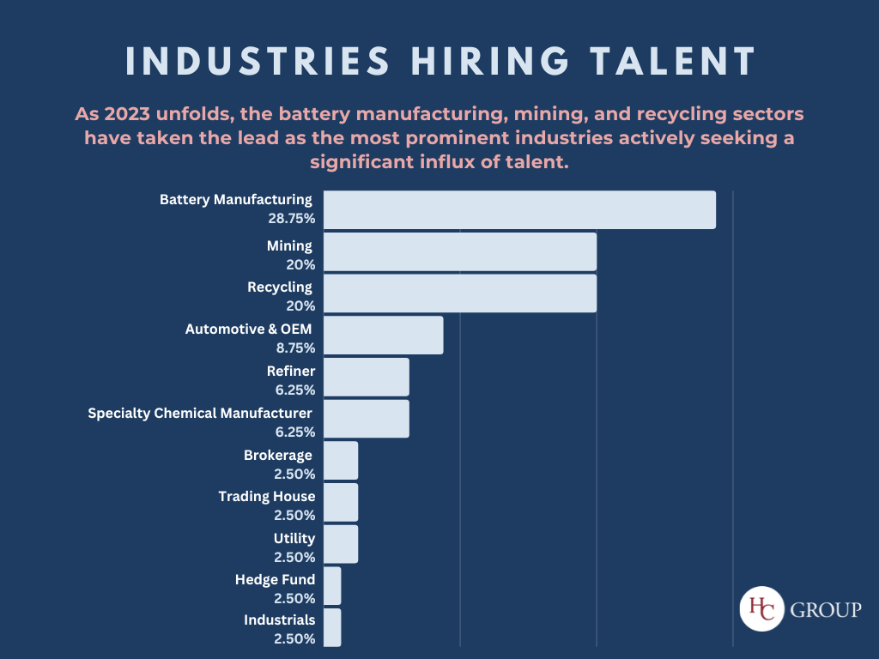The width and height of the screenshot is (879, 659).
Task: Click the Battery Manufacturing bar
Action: tap(519, 210)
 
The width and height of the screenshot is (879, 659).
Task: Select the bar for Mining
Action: tap(459, 251)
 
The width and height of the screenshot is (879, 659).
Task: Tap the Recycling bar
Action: tap(459, 293)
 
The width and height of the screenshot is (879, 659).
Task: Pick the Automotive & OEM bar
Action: tap(383, 335)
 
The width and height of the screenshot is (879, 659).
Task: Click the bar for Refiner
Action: tap(366, 377)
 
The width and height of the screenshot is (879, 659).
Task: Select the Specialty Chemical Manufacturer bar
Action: tap(366, 419)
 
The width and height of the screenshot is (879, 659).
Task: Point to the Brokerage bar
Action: tap(340, 461)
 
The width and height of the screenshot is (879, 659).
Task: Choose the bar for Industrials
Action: tap(332, 627)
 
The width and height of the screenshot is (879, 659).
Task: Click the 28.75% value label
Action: tap(291, 219)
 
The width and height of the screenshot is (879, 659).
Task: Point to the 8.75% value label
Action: tap(294, 348)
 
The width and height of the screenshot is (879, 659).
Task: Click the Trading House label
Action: tap(266, 497)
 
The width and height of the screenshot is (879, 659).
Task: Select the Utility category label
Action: tap(294, 539)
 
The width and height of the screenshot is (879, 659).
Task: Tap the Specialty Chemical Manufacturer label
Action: tap(199, 414)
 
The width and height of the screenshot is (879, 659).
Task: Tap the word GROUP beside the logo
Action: tap(825, 610)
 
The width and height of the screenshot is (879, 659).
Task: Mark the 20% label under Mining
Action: tap(300, 264)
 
